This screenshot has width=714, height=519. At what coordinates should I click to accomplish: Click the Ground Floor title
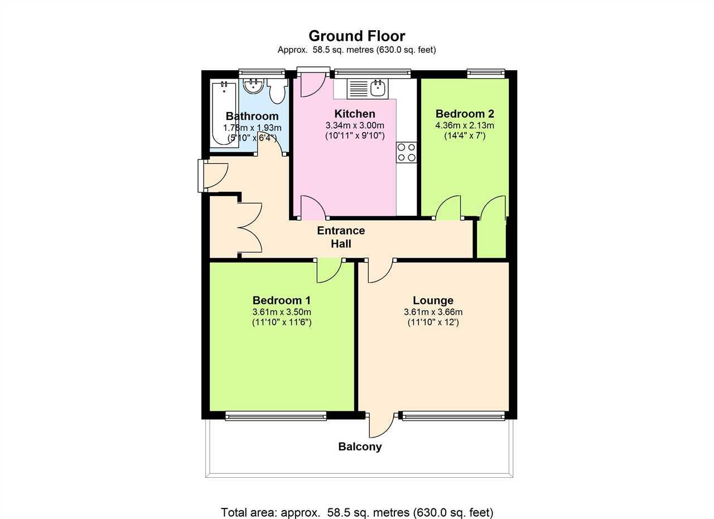[356, 36]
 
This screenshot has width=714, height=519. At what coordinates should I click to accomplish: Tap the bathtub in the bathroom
[224, 114]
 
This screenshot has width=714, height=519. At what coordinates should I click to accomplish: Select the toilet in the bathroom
[276, 91]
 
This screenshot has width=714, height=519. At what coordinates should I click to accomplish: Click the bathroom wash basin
[254, 86]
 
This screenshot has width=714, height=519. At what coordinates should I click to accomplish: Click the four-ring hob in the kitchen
[406, 152]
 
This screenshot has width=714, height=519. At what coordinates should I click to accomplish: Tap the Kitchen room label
[354, 114]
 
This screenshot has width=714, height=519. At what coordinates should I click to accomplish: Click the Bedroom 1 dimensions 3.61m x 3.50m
[281, 312]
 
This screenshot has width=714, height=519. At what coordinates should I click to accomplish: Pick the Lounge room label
[433, 300]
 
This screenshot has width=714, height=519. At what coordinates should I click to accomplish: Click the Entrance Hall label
[341, 237]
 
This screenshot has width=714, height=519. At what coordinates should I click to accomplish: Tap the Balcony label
[360, 447]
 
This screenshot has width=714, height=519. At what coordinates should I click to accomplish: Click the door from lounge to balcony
[381, 426]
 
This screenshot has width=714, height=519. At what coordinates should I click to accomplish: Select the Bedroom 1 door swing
[329, 271]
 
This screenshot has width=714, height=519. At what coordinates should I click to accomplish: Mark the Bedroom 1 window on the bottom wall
[276, 415]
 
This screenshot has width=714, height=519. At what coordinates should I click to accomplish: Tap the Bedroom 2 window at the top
[485, 73]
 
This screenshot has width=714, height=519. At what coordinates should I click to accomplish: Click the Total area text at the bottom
[356, 512]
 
